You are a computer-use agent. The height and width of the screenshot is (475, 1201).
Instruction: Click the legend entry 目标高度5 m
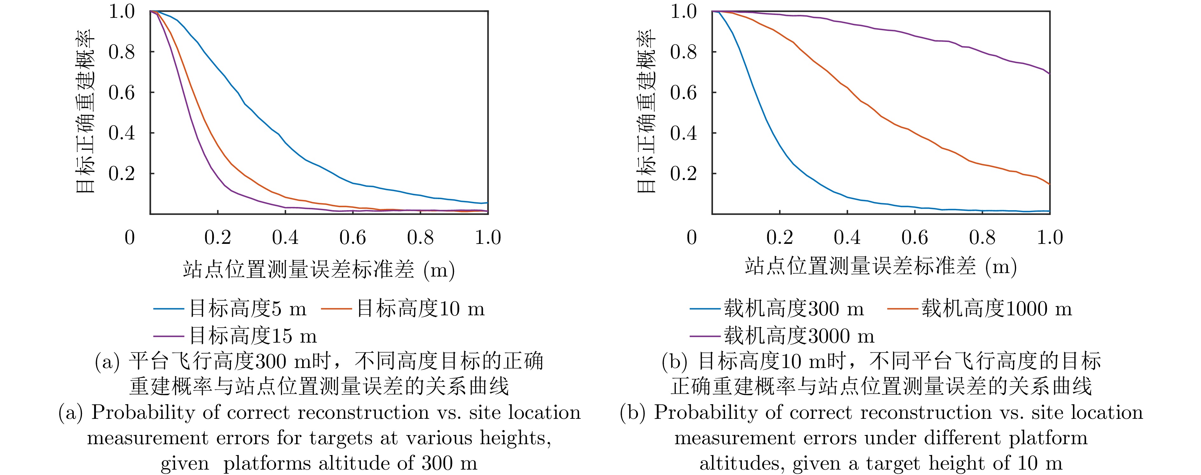coord(247,309)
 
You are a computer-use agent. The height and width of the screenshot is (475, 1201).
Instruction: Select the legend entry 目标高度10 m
coord(420,309)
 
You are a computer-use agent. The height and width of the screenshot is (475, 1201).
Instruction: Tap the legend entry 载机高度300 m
coord(793,309)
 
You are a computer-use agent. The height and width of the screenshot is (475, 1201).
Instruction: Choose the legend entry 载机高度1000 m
coord(996,309)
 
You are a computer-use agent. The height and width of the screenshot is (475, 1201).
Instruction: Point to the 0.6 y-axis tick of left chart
coord(122,92)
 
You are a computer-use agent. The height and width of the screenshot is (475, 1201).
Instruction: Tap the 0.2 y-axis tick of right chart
coord(683,173)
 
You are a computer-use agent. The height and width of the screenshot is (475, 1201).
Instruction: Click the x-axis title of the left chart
coord(318,270)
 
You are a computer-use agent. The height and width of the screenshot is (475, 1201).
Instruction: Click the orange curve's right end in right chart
coord(1049,184)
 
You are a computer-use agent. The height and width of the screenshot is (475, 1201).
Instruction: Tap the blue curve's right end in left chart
coord(487,203)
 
